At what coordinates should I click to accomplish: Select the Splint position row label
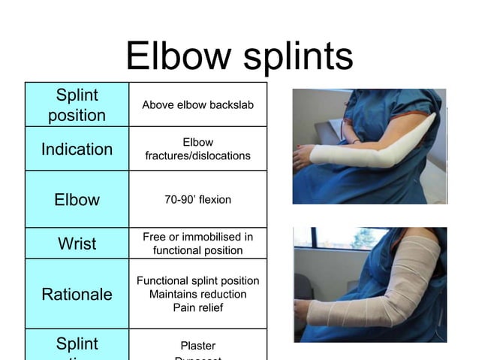pos(77,105)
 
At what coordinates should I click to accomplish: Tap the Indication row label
pos(77,149)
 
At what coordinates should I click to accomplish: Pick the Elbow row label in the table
pos(77,200)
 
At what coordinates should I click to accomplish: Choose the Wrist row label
pos(77,244)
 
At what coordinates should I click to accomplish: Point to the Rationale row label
pos(77,294)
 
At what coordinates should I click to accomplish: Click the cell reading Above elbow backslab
pos(197,104)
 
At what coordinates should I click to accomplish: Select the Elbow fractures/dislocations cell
pos(197,149)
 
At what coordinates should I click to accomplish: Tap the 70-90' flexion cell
pos(197,200)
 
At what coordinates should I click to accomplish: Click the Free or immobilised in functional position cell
pos(197,244)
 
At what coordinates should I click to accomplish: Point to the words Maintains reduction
pos(197,294)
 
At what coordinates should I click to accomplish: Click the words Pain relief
pos(197,307)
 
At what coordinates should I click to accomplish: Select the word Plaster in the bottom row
pos(197,346)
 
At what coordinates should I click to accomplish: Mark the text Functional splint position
pos(197,280)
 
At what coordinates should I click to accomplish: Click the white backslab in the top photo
pos(375,150)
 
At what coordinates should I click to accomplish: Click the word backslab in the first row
pos(230,104)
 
